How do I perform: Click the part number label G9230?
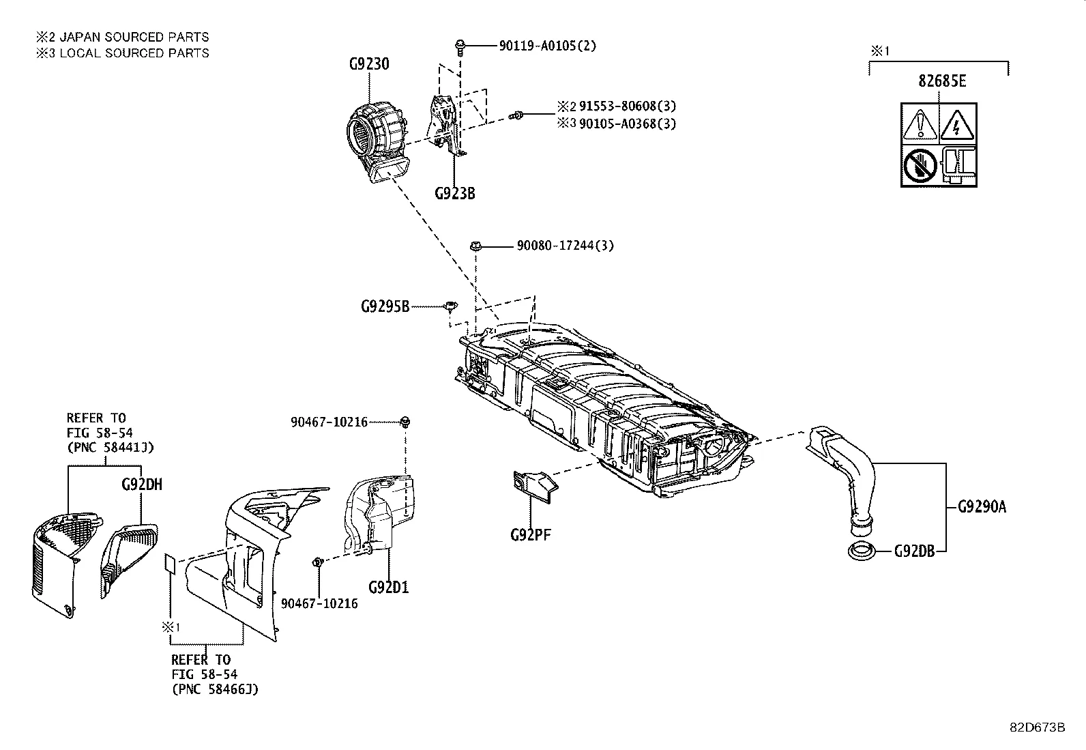(x=369, y=64)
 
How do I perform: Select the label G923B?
(x=454, y=193)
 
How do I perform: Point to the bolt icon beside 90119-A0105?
(x=460, y=46)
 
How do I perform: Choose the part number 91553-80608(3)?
(x=628, y=106)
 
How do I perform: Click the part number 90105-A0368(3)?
(x=628, y=124)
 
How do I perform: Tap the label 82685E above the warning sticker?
(x=942, y=81)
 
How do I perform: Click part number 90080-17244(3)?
(x=564, y=246)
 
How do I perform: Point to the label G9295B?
(x=385, y=306)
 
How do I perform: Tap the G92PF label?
(x=530, y=534)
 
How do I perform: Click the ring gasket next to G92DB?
(x=864, y=550)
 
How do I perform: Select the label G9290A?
(x=982, y=506)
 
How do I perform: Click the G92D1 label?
(x=388, y=587)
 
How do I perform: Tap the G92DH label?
(x=142, y=485)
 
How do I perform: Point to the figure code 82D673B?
(x=1038, y=727)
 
